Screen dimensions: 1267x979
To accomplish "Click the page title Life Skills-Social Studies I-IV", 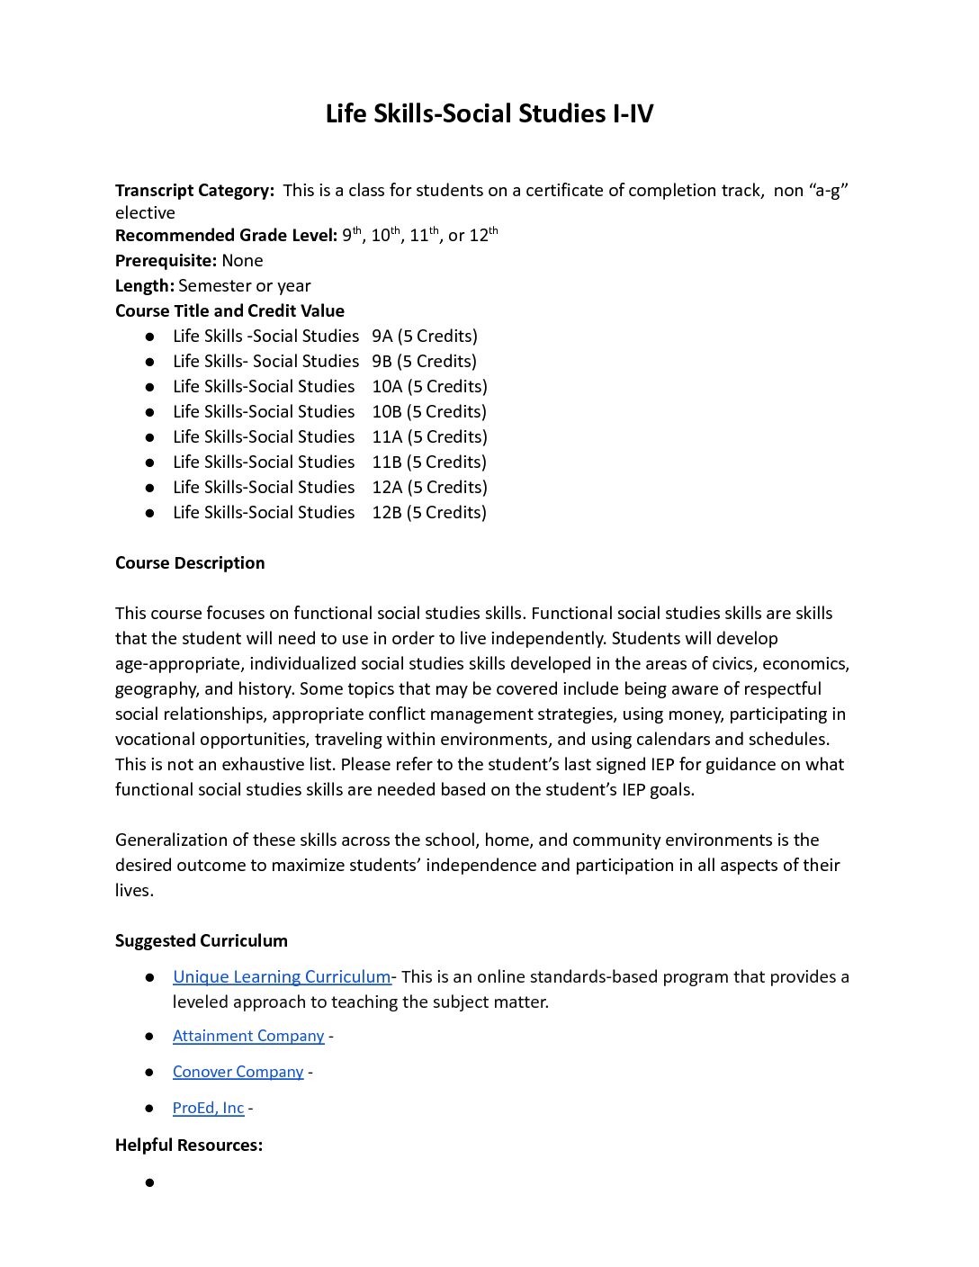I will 489,114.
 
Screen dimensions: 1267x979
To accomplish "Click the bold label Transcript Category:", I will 194,191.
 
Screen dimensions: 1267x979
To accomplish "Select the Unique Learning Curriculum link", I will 282,977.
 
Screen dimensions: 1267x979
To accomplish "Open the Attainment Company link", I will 248,1036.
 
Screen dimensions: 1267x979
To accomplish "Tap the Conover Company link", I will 238,1072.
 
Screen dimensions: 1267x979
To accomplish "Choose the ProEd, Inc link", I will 208,1108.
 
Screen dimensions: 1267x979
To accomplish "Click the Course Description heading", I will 190,563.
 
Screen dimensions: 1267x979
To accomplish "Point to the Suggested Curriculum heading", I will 202,941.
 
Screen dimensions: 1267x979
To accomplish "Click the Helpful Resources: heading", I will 189,1146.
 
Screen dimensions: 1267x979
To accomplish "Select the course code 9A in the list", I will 382,337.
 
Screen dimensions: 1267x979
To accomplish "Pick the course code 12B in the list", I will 387,513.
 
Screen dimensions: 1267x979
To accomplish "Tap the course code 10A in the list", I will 387,387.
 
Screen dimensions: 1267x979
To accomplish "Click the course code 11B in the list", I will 387,463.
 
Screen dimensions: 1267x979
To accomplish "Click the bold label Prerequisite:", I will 166,261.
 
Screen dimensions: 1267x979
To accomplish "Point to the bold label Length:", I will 144,286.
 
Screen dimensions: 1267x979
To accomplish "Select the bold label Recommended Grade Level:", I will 226,236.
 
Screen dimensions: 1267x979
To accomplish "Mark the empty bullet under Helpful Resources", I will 149,1182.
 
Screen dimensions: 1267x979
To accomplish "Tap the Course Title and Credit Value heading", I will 229,311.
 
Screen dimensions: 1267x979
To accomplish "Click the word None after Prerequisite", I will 242,261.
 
